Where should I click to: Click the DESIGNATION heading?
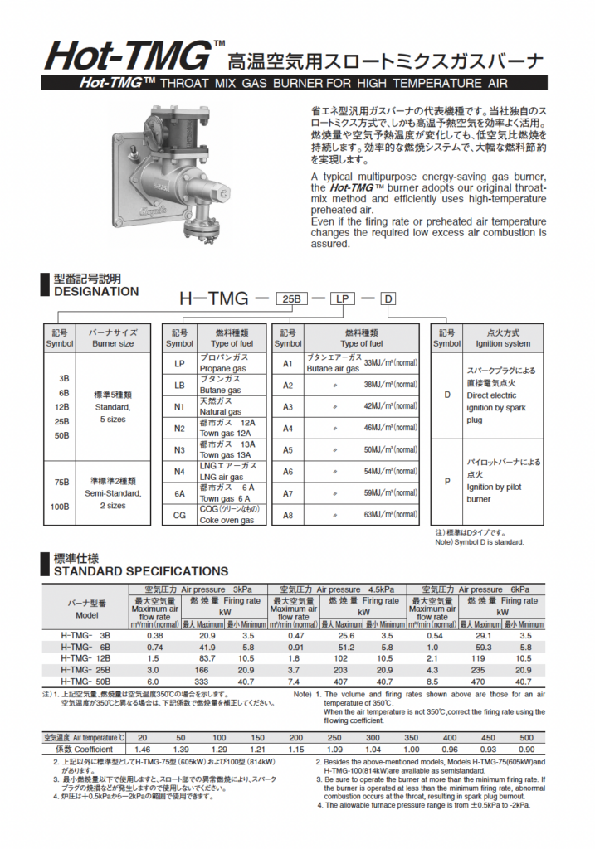(x=96, y=292)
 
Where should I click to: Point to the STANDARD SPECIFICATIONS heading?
(x=140, y=570)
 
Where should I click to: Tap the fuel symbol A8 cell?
(x=288, y=515)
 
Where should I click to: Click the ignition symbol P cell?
(x=446, y=481)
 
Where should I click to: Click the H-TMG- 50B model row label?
(x=86, y=682)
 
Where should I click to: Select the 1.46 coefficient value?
(x=142, y=749)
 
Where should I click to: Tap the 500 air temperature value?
(x=527, y=737)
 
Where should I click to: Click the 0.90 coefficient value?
(x=527, y=749)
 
